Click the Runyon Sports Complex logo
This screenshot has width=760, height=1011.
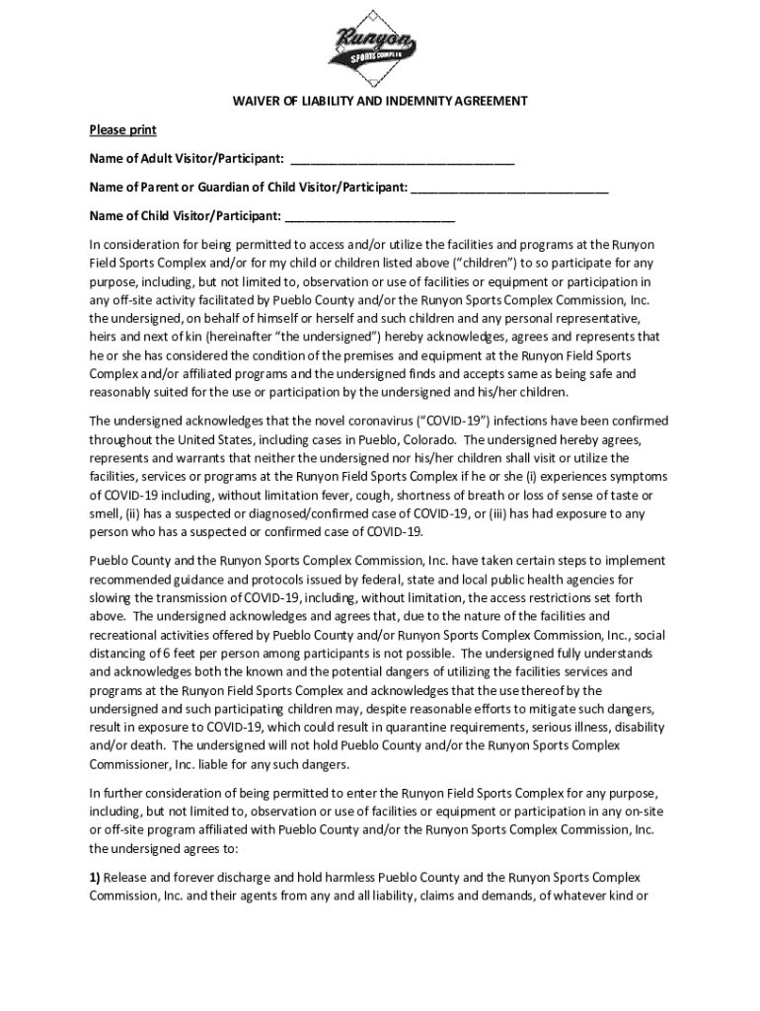[374, 47]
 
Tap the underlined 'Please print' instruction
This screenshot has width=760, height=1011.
[122, 130]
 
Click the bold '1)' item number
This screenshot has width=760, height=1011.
[95, 877]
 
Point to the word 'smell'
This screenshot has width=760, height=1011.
[105, 513]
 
